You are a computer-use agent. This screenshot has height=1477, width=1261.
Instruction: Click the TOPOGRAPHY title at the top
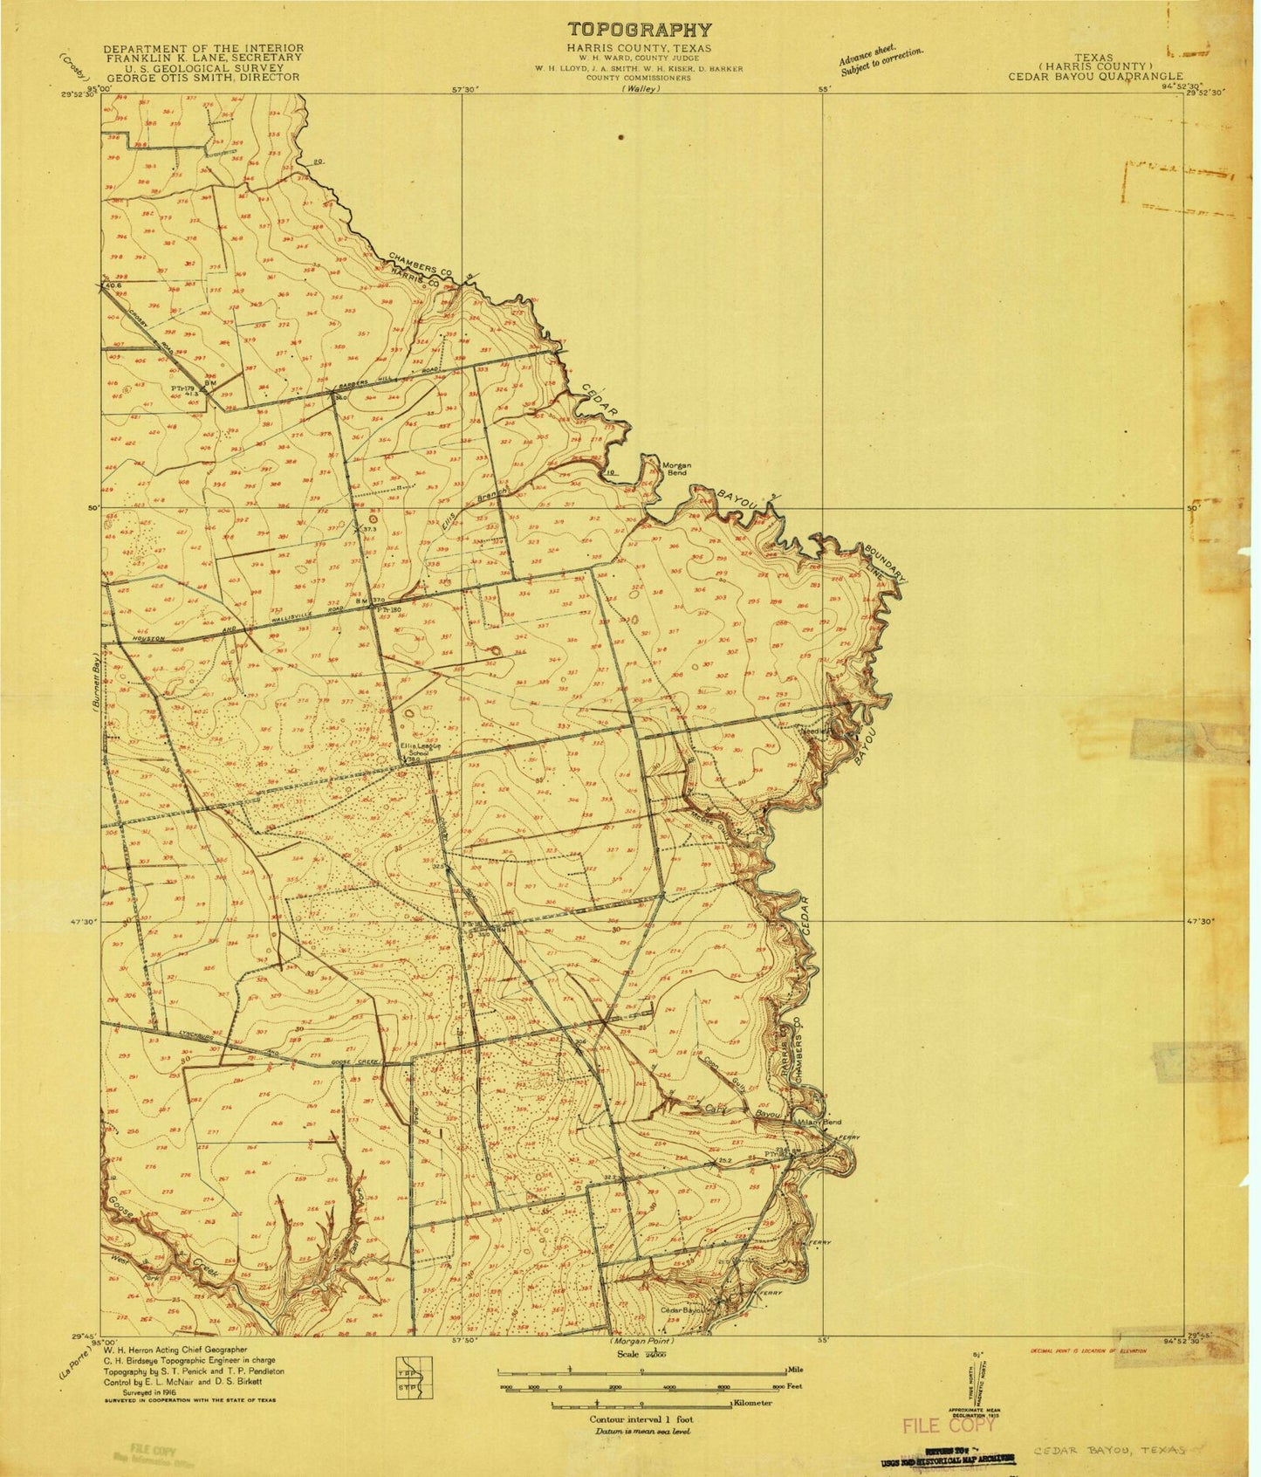(x=640, y=30)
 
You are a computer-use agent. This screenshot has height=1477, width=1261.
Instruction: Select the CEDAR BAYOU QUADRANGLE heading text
(x=1095, y=76)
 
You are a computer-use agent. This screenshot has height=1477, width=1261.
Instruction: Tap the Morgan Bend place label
(x=676, y=469)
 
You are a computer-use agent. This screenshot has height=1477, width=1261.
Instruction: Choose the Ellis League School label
(x=421, y=749)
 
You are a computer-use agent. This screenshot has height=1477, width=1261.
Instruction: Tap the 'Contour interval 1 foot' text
(x=641, y=1419)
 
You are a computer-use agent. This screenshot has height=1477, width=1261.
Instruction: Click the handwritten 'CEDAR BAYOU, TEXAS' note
(x=1108, y=1449)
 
